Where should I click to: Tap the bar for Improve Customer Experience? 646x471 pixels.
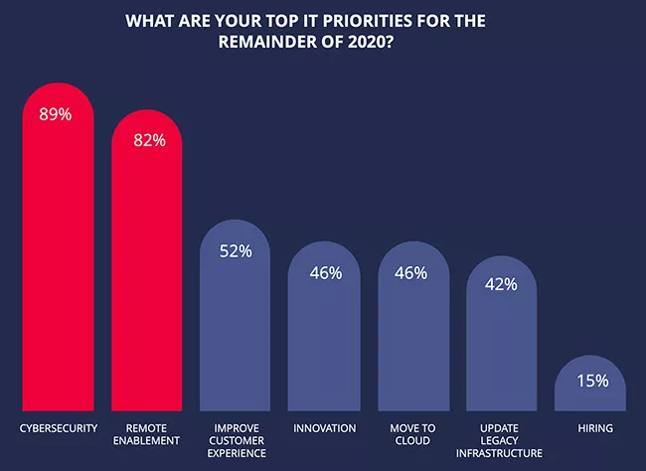point(237,328)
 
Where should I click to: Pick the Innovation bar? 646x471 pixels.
point(325,338)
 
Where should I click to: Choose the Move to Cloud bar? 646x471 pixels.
point(413,338)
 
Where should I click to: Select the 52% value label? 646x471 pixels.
point(237,250)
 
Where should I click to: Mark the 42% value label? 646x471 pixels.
point(502,284)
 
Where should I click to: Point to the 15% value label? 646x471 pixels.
point(590,381)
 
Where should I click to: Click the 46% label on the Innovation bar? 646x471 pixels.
point(325,270)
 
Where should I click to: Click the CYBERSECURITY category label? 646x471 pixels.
point(58,428)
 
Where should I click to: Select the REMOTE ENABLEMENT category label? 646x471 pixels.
point(147,435)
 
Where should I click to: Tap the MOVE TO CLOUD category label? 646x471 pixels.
point(413,435)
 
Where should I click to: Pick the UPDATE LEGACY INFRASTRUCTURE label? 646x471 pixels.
point(502,441)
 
